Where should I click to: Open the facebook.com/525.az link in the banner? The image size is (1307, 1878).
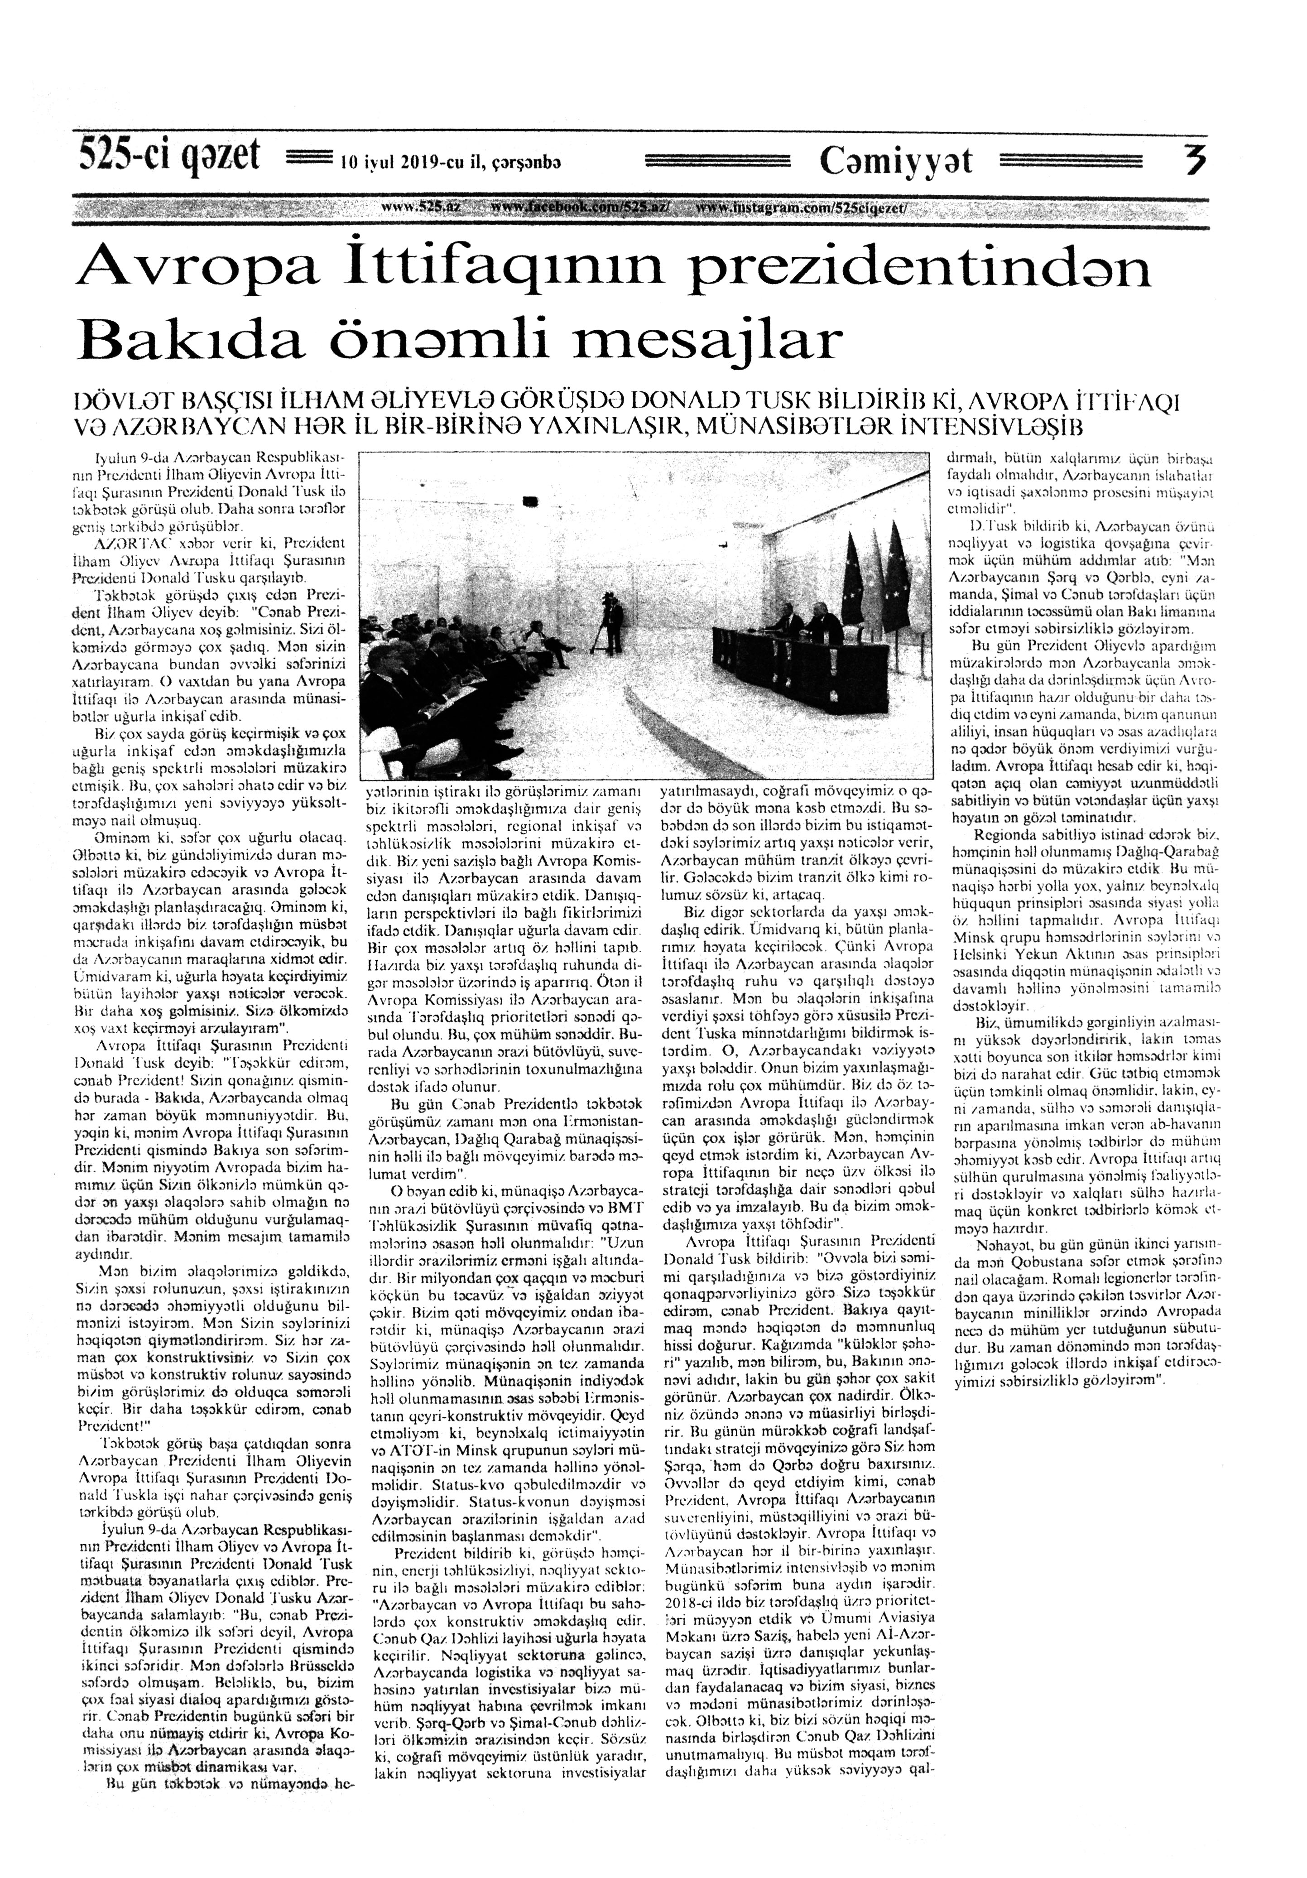point(580,208)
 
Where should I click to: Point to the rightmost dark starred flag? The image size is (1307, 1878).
point(897,573)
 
